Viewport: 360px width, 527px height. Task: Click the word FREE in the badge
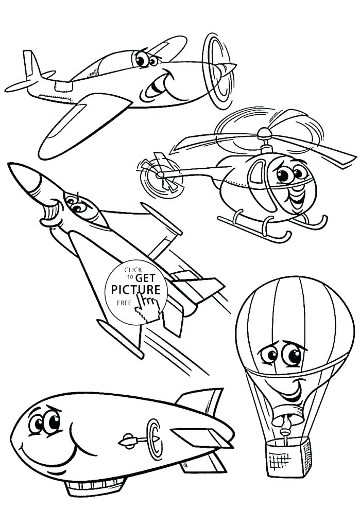124,303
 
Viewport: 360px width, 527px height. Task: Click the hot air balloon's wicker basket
288,456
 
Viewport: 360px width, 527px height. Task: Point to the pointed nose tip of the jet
10,166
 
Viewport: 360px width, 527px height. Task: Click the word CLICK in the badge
133,270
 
